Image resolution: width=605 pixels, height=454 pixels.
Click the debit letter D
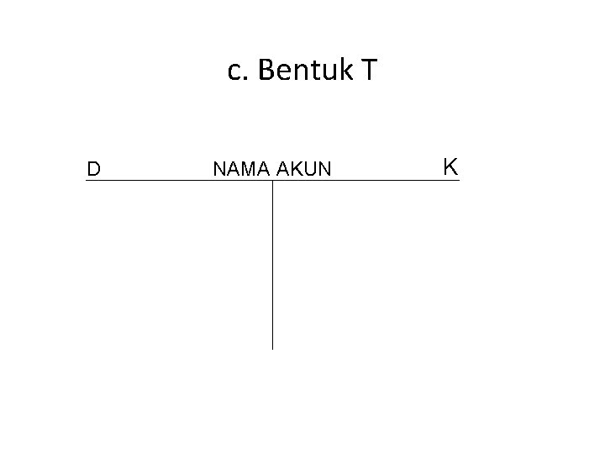(x=94, y=169)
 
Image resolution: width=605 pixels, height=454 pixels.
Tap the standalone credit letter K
(x=450, y=166)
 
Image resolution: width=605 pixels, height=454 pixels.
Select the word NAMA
(x=240, y=170)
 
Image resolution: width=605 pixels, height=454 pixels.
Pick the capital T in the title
(x=369, y=71)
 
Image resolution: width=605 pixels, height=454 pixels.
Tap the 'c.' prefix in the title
(x=238, y=72)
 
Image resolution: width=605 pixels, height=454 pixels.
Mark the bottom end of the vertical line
(x=272, y=347)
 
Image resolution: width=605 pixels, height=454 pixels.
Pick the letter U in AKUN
(x=310, y=170)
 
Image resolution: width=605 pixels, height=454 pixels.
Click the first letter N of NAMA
(x=219, y=170)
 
